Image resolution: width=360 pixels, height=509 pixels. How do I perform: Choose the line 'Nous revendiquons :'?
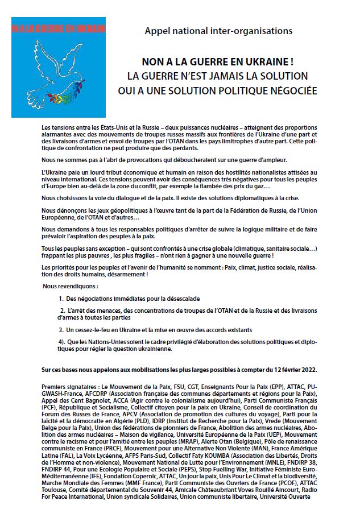[70, 286]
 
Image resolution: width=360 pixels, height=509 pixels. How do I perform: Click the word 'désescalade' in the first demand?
[181, 299]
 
